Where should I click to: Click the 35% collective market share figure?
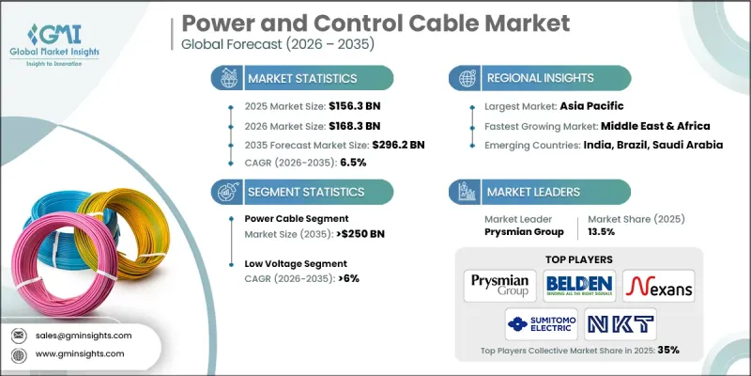click(x=667, y=349)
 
